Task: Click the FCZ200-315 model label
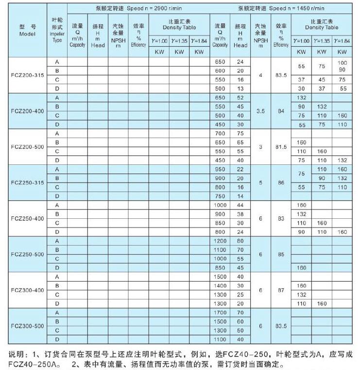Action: coord(28,75)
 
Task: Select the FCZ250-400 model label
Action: coord(28,219)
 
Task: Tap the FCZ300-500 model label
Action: coord(28,326)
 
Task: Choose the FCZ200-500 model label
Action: coord(28,147)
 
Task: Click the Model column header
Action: coord(28,31)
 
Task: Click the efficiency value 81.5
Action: coord(281,147)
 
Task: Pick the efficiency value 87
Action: coord(281,290)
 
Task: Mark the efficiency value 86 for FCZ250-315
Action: coord(281,183)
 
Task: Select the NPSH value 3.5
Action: coord(260,111)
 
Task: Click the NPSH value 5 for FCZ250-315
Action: coord(260,183)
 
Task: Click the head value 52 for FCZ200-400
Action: coord(240,98)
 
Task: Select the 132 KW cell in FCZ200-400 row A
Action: coord(301,98)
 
